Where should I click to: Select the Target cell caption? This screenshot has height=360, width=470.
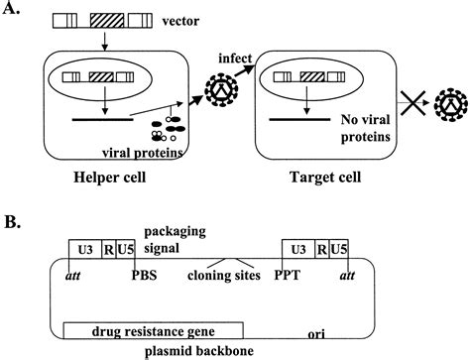pos(317,181)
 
